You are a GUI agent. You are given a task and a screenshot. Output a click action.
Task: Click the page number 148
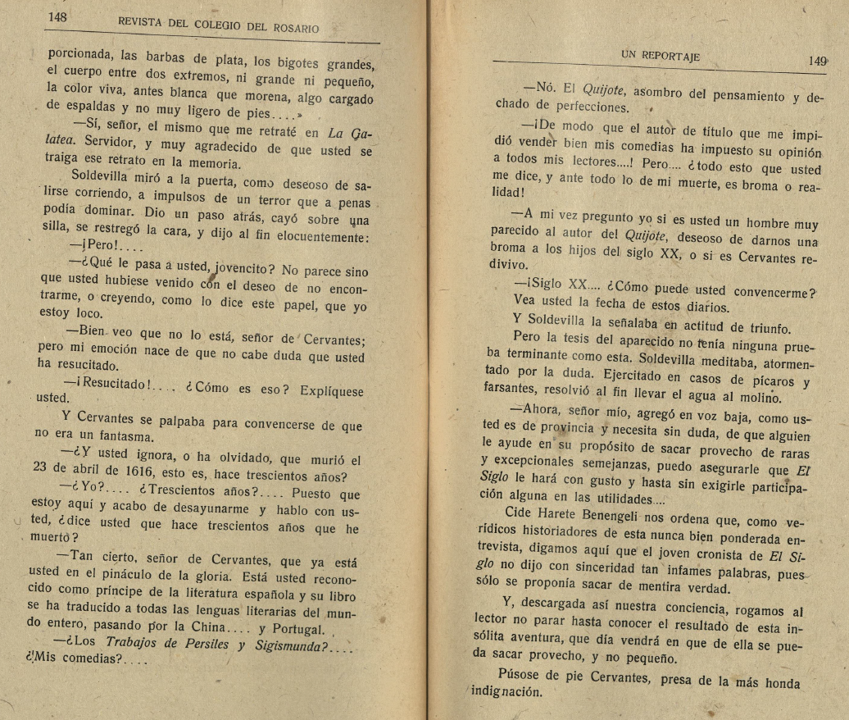(57, 16)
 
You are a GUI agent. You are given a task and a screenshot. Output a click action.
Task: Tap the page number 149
(817, 61)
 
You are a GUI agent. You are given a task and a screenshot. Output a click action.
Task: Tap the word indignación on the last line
(506, 691)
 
